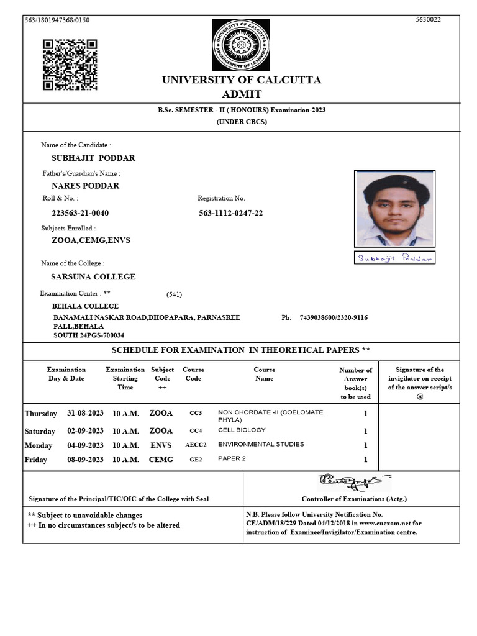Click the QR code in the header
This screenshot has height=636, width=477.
70,65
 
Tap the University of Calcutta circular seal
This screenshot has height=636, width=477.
241,45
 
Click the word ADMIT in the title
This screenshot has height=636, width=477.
242,94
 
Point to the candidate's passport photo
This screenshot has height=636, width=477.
394,209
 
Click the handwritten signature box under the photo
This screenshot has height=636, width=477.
395,257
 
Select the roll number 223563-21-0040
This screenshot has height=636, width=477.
80,213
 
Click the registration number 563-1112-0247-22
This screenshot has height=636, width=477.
230,213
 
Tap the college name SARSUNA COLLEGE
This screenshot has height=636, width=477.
93,276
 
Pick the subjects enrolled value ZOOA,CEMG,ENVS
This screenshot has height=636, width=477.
91,240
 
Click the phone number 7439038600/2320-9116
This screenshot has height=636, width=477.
334,317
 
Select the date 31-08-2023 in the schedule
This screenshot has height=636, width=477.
86,413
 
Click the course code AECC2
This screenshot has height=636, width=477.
196,445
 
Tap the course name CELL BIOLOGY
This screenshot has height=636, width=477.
242,430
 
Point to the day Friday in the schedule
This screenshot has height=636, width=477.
37,460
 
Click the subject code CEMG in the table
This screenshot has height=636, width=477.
161,460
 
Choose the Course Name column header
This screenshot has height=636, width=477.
264,374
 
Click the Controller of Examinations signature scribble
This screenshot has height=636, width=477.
353,481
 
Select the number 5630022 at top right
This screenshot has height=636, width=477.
428,20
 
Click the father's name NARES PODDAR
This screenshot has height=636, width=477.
85,186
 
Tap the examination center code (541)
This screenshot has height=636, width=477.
175,294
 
